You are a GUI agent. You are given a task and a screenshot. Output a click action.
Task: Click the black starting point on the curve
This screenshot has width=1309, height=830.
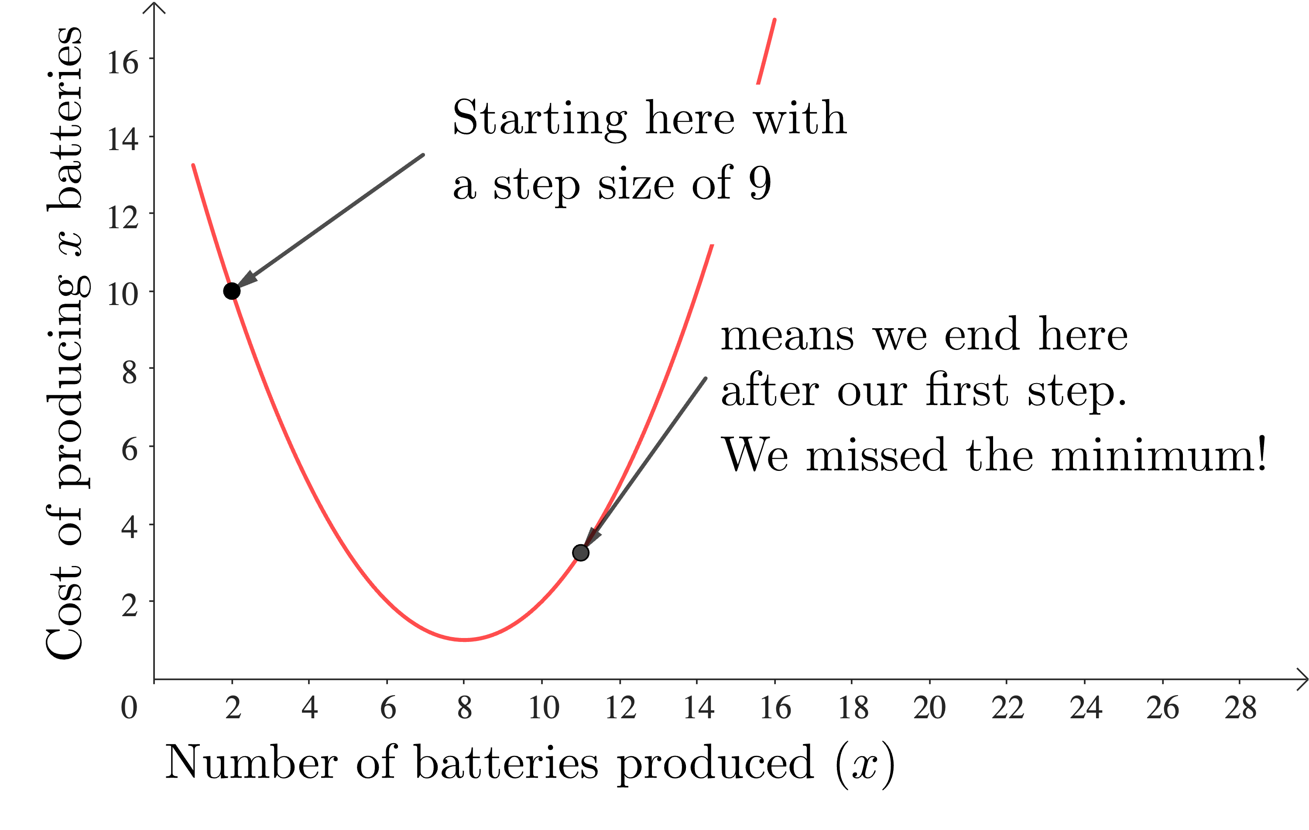tap(232, 292)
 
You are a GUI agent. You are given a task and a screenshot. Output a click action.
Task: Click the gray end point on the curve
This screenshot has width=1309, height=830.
tap(581, 553)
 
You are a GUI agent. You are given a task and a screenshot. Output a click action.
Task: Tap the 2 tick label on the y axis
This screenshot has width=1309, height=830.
tap(130, 605)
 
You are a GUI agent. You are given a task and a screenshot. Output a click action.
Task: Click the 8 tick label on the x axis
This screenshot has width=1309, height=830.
tap(464, 708)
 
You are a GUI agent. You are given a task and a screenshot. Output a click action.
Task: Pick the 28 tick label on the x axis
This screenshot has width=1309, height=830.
tap(1240, 708)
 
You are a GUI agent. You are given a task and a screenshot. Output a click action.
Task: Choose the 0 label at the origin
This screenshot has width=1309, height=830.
tap(129, 708)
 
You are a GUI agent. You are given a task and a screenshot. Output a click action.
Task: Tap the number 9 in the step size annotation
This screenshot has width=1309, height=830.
tap(759, 183)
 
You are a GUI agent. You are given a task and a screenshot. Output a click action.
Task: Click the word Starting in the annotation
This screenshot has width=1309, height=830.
tap(540, 119)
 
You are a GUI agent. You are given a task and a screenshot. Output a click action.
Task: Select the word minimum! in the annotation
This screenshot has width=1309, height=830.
tap(1158, 455)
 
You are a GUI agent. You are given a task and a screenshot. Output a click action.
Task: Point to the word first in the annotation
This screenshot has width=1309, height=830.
tap(966, 390)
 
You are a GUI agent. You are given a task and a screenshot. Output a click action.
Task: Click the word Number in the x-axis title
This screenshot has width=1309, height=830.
tap(251, 763)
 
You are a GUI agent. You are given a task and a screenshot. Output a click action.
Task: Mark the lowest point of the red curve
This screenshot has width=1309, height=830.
tap(464, 640)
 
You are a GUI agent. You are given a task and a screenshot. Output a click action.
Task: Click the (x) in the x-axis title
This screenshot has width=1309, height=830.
tap(864, 765)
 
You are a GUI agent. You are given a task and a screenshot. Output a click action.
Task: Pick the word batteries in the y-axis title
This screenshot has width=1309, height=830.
tap(64, 117)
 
